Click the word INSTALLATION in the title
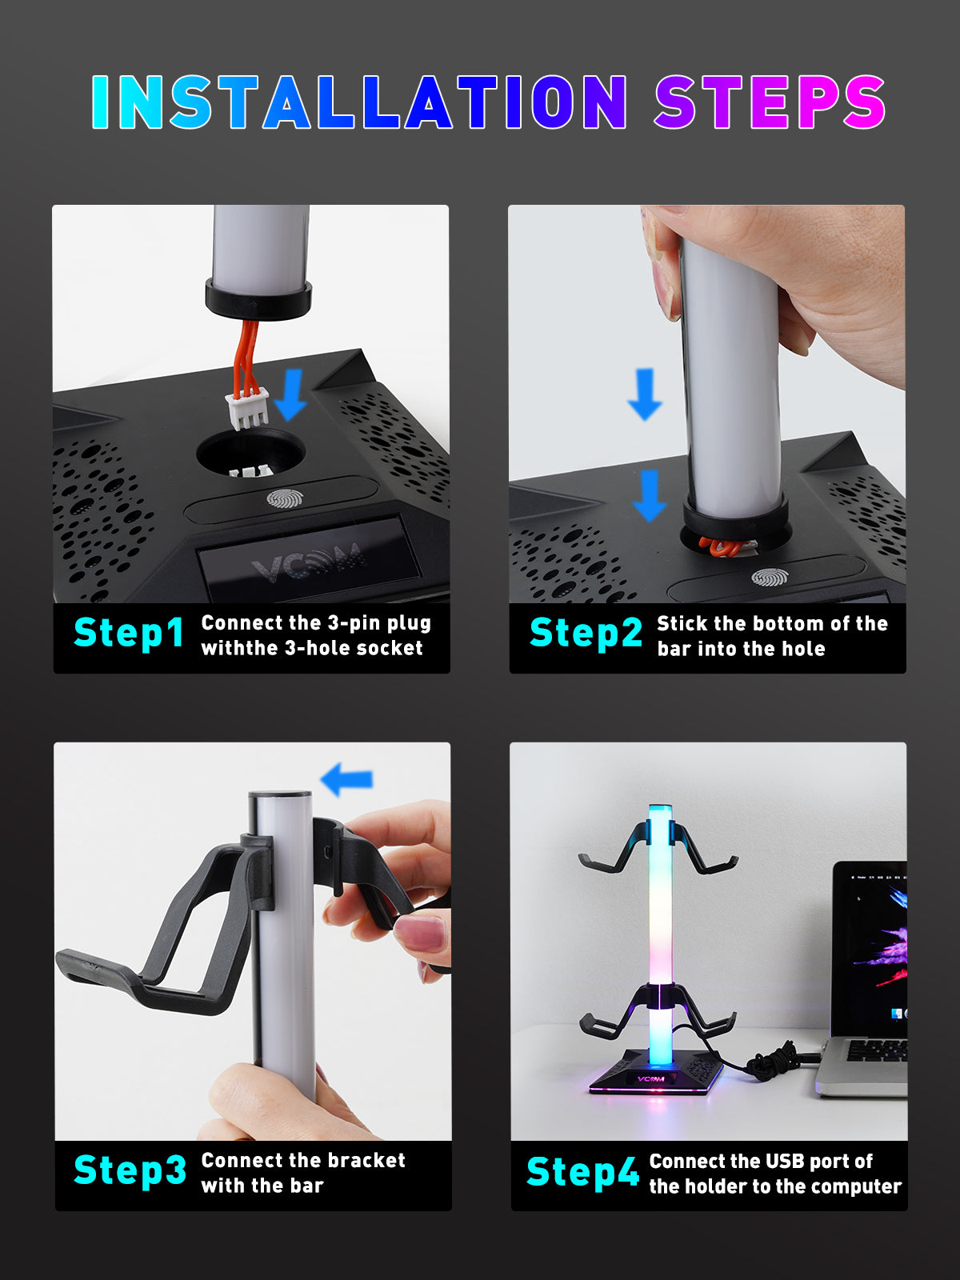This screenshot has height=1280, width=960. pyautogui.click(x=358, y=102)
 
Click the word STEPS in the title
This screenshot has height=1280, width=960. pyautogui.click(x=770, y=102)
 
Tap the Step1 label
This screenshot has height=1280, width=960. pyautogui.click(x=129, y=633)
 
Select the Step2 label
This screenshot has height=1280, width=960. pyautogui.click(x=586, y=633)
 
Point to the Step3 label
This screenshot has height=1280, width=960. pyautogui.click(x=130, y=1170)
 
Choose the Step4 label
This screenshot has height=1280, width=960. pyautogui.click(x=582, y=1172)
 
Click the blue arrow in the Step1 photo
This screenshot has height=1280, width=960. pyautogui.click(x=290, y=394)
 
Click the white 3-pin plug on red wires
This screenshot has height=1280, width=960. pyautogui.click(x=246, y=408)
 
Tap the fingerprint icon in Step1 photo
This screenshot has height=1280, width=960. pyautogui.click(x=284, y=500)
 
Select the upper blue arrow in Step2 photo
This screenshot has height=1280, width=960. pyautogui.click(x=644, y=394)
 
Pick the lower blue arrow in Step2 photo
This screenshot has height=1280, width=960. pyautogui.click(x=649, y=495)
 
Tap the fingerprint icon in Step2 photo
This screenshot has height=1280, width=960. pyautogui.click(x=769, y=577)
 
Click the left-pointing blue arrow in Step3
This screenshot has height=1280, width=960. pyautogui.click(x=346, y=778)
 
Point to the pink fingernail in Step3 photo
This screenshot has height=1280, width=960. pyautogui.click(x=422, y=933)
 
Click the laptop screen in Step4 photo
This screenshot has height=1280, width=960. pyautogui.click(x=872, y=948)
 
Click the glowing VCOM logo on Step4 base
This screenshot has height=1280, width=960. pyautogui.click(x=650, y=1078)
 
